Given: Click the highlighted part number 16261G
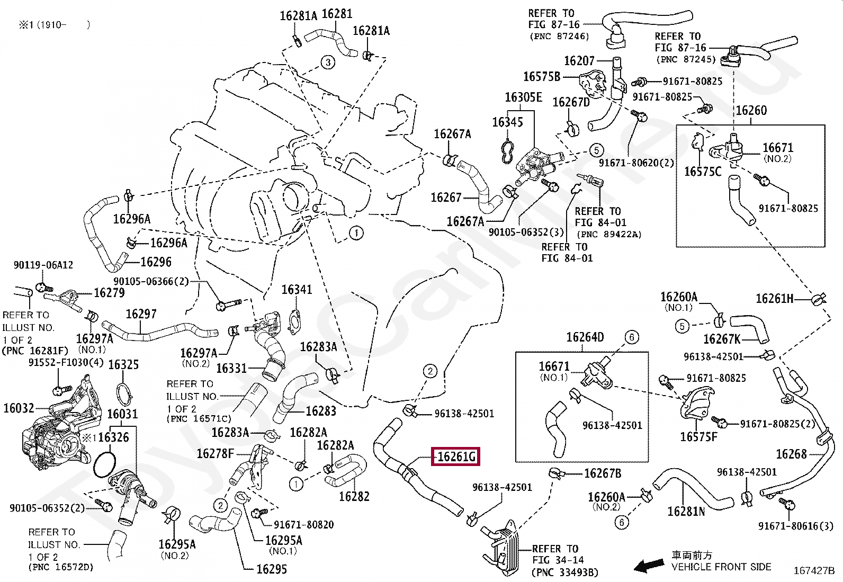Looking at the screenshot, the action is [456, 456].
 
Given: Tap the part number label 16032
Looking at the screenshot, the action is [19, 408].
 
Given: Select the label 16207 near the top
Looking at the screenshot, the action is [579, 60].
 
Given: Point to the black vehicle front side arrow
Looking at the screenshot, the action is [649, 565].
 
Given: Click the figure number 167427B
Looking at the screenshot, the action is [814, 571].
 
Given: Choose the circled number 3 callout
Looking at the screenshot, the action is [328, 62].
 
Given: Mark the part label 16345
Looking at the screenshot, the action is [508, 122].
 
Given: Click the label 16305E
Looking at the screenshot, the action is [524, 97].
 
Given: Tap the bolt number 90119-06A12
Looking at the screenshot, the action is [43, 265].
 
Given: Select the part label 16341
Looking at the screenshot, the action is [297, 290].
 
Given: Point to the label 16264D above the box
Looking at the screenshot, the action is [585, 337].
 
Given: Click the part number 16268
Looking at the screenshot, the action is [792, 454].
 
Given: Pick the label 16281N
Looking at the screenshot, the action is [686, 511].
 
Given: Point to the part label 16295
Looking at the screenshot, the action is [272, 569].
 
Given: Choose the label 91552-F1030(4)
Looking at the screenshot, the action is [66, 363].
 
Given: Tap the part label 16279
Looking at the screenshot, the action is [109, 292].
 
